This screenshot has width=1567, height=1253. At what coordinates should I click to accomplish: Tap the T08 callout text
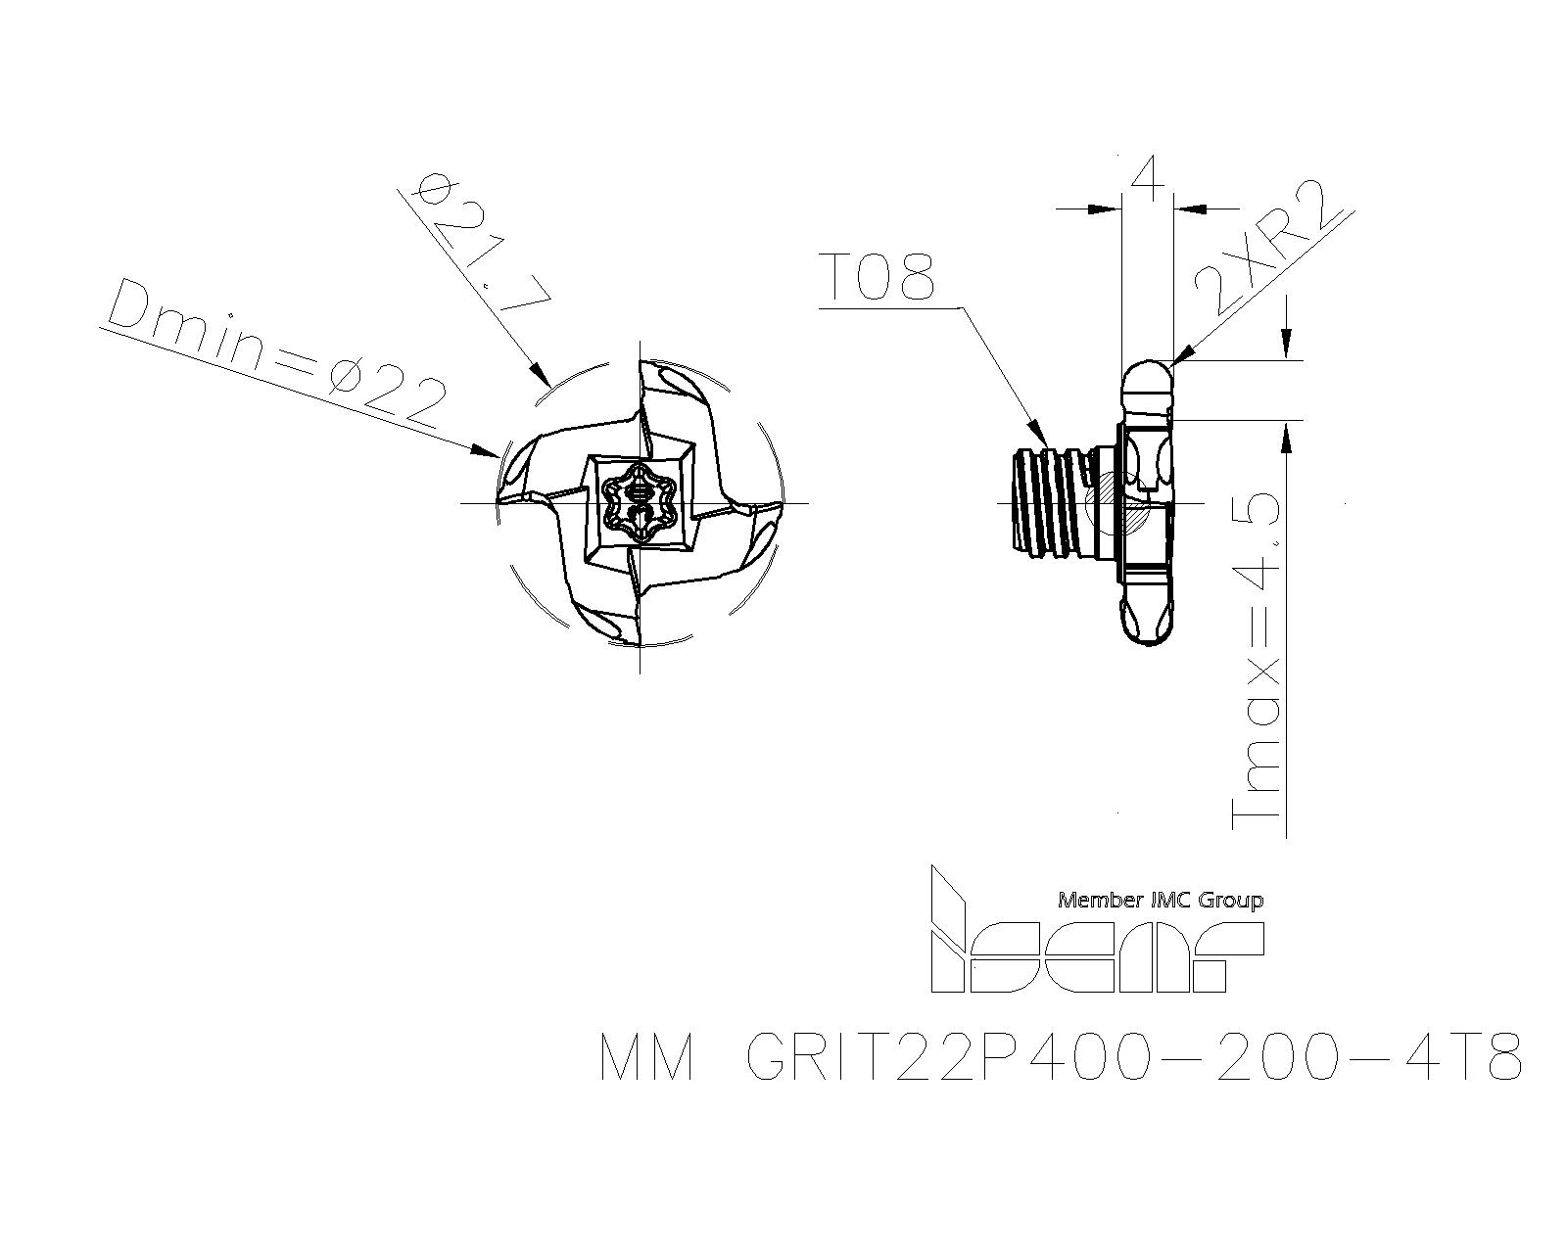[878, 277]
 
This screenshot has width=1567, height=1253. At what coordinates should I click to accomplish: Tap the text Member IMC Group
[1161, 901]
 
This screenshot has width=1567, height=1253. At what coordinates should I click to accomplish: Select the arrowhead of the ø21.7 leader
[539, 373]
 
